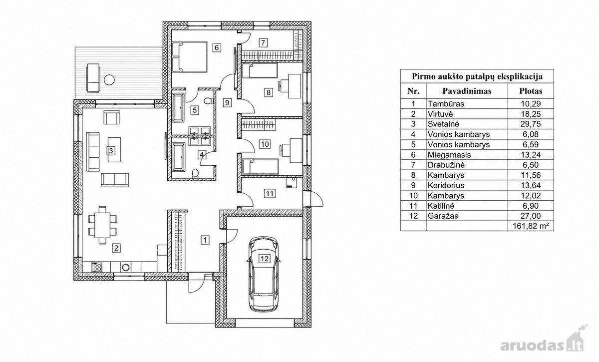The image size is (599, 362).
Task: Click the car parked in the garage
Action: tap(264, 274)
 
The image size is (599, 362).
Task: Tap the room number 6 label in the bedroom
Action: tap(217, 47)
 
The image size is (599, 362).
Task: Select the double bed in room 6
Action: tap(189, 57)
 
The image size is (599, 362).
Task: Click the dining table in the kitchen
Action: tap(102, 225)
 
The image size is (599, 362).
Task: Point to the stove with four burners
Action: tap(97, 267)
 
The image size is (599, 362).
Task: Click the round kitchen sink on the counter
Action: tap(126, 267)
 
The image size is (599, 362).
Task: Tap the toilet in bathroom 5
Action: tap(208, 101)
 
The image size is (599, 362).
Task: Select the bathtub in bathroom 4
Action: tap(179, 157)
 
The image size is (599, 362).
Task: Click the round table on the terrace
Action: tap(109, 79)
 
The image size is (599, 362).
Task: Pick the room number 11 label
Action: tap(270, 193)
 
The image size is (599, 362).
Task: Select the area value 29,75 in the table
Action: tap(531, 124)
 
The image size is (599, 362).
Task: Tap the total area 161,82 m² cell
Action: tap(531, 226)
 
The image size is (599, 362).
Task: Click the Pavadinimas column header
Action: tap(467, 91)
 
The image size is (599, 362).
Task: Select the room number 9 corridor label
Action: tap(227, 103)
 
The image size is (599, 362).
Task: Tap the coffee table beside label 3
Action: tap(114, 150)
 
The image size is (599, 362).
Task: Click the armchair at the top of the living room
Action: tap(111, 118)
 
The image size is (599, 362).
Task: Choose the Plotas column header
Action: tap(531, 91)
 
